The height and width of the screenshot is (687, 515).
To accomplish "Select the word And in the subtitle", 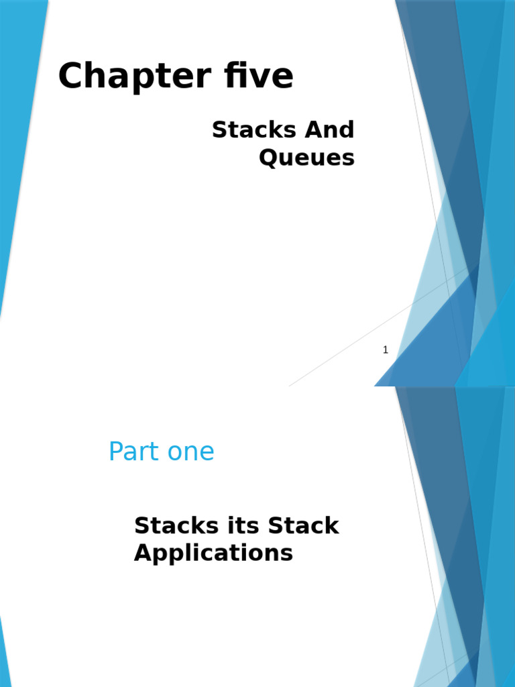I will [329, 129].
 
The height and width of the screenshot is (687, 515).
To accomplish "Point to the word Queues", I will [306, 158].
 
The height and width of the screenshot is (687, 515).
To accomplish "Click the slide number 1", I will [386, 350].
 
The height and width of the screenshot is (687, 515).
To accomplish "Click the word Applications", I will [213, 553].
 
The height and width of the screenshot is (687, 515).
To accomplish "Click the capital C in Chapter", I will [70, 76].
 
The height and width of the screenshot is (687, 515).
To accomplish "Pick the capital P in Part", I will [116, 452].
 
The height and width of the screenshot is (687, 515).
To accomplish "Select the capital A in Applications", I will [143, 553].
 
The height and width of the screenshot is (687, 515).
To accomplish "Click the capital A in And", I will [312, 129].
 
